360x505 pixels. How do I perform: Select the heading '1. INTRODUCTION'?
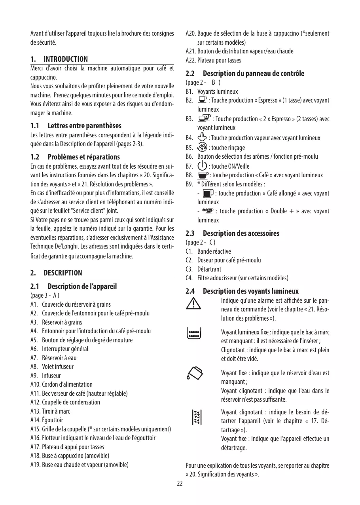tap(59, 59)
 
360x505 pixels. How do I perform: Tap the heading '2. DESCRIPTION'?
tap(57, 273)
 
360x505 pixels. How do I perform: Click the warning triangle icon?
tap(193, 304)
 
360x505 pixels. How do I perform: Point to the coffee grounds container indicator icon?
tap(193, 333)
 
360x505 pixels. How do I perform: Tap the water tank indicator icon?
tap(193, 373)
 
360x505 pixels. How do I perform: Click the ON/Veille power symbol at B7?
tap(202, 166)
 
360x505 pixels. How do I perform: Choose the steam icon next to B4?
tap(202, 137)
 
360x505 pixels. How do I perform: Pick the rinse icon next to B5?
tap(202, 147)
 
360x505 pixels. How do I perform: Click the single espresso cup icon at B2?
tap(202, 100)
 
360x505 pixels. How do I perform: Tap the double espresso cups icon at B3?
tap(205, 118)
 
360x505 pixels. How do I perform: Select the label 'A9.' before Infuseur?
tap(35, 376)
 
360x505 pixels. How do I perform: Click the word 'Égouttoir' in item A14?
tap(53, 420)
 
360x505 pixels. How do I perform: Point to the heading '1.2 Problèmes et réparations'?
tap(75, 157)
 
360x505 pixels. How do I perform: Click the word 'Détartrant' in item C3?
tap(209, 269)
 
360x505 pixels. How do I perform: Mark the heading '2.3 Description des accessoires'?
tap(233, 233)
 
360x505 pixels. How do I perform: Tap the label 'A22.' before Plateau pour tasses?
tap(191, 60)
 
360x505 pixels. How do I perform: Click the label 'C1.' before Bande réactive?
tap(189, 251)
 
